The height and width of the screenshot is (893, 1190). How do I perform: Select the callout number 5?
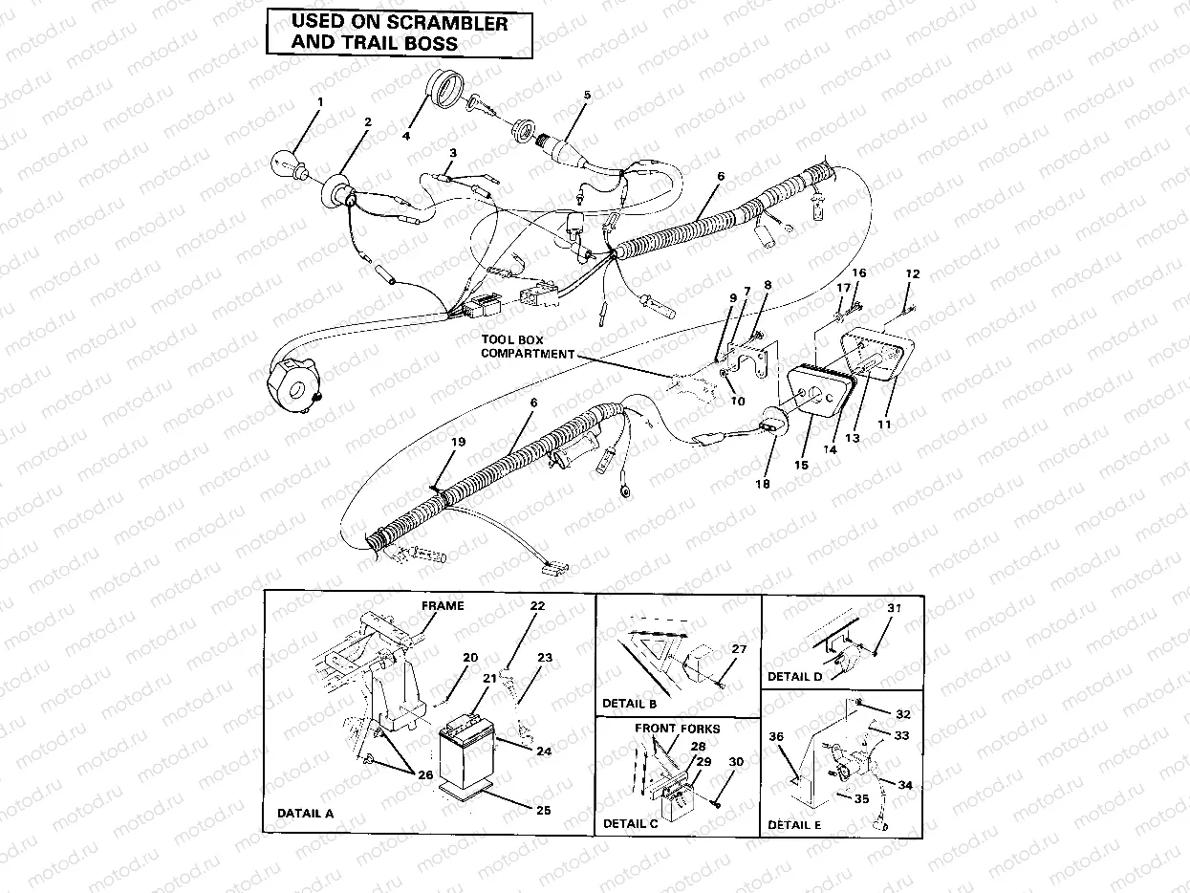[x=587, y=96]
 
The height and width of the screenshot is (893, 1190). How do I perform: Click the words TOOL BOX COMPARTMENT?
[x=527, y=347]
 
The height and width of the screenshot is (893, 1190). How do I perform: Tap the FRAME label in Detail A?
[x=443, y=605]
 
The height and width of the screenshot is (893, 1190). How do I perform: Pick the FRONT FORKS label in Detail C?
[x=678, y=729]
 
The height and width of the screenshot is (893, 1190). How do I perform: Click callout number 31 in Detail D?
[x=894, y=608]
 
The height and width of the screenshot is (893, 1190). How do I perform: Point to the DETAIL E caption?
[x=793, y=824]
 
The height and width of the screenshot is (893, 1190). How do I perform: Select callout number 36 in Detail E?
[x=776, y=736]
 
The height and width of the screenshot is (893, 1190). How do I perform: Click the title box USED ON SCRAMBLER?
[x=399, y=33]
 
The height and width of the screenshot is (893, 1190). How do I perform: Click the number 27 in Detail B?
[x=738, y=649]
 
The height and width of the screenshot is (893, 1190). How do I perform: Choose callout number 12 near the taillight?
[x=913, y=274]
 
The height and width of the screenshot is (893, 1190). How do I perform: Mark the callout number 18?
[x=762, y=484]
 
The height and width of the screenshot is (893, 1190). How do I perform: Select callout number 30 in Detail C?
[x=735, y=762]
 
